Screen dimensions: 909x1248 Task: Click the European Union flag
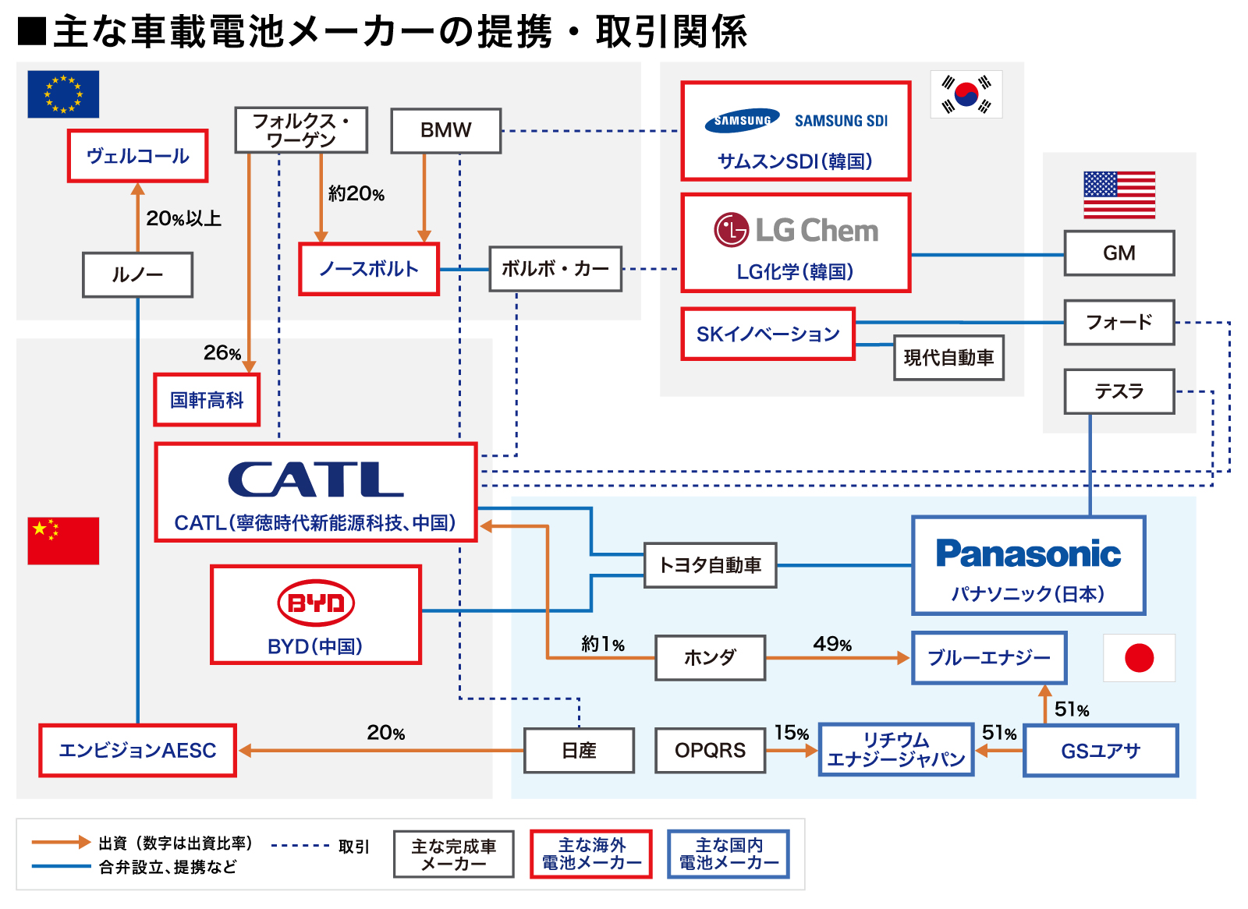click(63, 94)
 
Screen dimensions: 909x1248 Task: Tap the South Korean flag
click(966, 94)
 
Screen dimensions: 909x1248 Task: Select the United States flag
click(1119, 195)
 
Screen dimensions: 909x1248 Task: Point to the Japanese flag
click(1139, 658)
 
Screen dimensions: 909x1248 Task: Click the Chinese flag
click(63, 540)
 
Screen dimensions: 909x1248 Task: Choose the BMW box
click(445, 130)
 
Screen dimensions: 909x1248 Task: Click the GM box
click(1119, 253)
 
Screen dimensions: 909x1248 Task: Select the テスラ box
click(1119, 391)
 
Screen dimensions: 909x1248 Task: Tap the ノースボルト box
click(369, 269)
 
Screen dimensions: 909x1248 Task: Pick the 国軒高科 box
click(207, 400)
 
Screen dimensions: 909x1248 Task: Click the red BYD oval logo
click(316, 603)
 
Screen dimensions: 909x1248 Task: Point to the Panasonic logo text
click(1028, 554)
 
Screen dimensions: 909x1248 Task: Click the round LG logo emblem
click(731, 230)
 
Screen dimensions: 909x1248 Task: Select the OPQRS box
click(710, 750)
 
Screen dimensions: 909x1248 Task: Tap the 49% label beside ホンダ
click(832, 644)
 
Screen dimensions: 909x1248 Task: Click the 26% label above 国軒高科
click(222, 353)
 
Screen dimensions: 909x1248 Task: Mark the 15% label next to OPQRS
click(791, 733)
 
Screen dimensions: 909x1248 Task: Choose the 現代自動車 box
click(948, 358)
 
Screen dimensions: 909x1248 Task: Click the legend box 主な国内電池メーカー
click(729, 854)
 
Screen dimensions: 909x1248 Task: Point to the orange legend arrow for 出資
click(61, 842)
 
